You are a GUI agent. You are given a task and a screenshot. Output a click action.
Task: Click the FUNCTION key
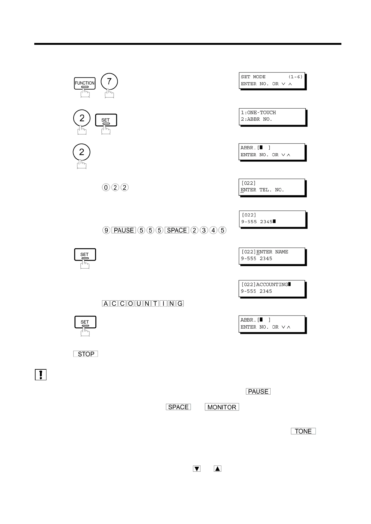pyautogui.click(x=84, y=83)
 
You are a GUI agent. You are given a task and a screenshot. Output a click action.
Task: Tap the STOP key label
pyautogui.click(x=86, y=354)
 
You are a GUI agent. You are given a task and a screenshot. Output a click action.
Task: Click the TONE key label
pyautogui.click(x=303, y=431)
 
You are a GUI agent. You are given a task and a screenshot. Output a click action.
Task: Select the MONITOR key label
pyautogui.click(x=222, y=407)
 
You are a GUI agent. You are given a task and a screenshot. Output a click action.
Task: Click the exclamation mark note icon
pyautogui.click(x=41, y=375)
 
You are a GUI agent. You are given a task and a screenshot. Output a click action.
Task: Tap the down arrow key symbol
pyautogui.click(x=197, y=469)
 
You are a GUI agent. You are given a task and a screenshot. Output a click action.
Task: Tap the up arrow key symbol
pyautogui.click(x=218, y=469)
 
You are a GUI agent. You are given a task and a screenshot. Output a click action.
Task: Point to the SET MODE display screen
pyautogui.click(x=272, y=81)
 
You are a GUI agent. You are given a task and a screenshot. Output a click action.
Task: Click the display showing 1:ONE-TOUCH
pyautogui.click(x=272, y=116)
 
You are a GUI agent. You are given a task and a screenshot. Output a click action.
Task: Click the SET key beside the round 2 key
pyautogui.click(x=105, y=120)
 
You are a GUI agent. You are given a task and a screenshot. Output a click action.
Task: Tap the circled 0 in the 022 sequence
pyautogui.click(x=106, y=188)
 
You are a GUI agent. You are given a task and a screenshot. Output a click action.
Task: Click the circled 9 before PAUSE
pyautogui.click(x=106, y=230)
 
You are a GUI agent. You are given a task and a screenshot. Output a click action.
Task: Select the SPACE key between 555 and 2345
pyautogui.click(x=177, y=230)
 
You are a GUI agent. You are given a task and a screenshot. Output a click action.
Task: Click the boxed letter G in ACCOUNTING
pyautogui.click(x=180, y=303)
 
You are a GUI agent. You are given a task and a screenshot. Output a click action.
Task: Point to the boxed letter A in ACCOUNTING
pyautogui.click(x=106, y=303)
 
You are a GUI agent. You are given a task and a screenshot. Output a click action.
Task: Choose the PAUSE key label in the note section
pyautogui.click(x=258, y=391)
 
